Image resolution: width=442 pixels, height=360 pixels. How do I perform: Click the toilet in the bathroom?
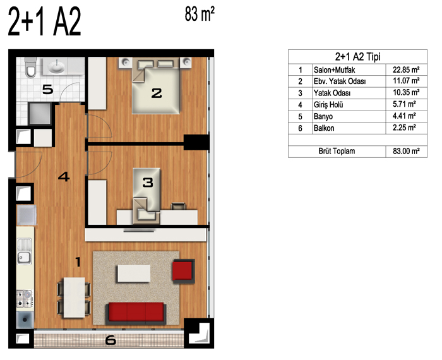30,68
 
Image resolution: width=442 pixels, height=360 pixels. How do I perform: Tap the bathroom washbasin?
56,66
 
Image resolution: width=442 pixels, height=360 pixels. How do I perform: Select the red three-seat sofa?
136,313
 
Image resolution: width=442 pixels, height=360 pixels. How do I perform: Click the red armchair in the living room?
184,271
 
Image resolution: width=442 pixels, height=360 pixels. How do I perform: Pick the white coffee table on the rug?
134,273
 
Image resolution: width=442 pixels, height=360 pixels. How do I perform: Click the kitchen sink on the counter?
24,251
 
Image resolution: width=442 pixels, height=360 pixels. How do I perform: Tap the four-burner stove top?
24,299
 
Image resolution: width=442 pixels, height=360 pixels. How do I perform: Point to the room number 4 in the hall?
64,177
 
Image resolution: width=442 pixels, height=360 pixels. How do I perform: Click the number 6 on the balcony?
110,340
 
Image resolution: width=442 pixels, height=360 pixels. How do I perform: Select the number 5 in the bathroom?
47,90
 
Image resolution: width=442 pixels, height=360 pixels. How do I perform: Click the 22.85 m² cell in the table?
406,69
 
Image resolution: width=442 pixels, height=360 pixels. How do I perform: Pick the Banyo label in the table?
323,116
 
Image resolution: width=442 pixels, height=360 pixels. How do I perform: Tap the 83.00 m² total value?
406,151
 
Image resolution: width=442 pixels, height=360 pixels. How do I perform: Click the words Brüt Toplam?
337,151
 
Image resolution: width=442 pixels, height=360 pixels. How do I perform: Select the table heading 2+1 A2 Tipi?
357,57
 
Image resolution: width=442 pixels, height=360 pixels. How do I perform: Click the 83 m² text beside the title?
200,14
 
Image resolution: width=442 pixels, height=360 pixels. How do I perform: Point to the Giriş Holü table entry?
328,105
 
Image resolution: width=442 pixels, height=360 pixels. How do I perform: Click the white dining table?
74,297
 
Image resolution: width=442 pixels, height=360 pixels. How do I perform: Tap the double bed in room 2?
156,86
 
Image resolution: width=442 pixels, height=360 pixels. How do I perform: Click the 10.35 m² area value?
406,93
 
